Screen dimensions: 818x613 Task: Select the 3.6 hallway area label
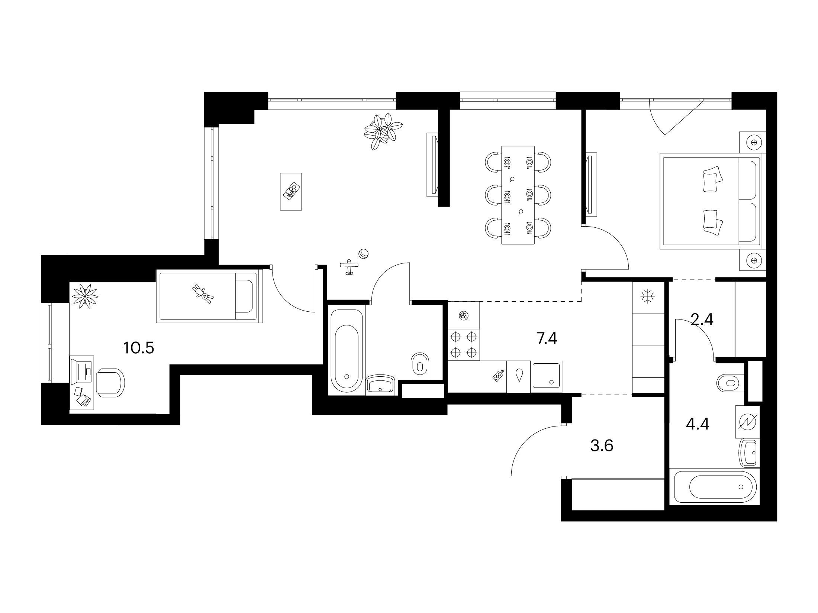coord(602,445)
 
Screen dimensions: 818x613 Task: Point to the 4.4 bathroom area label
coord(698,424)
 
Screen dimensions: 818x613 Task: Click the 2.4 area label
coord(702,320)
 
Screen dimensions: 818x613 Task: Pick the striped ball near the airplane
coord(363,254)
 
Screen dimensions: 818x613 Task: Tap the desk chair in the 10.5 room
coord(110,383)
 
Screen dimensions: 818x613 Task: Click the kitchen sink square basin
coord(546,376)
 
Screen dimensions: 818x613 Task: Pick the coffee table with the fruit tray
coord(290,191)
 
